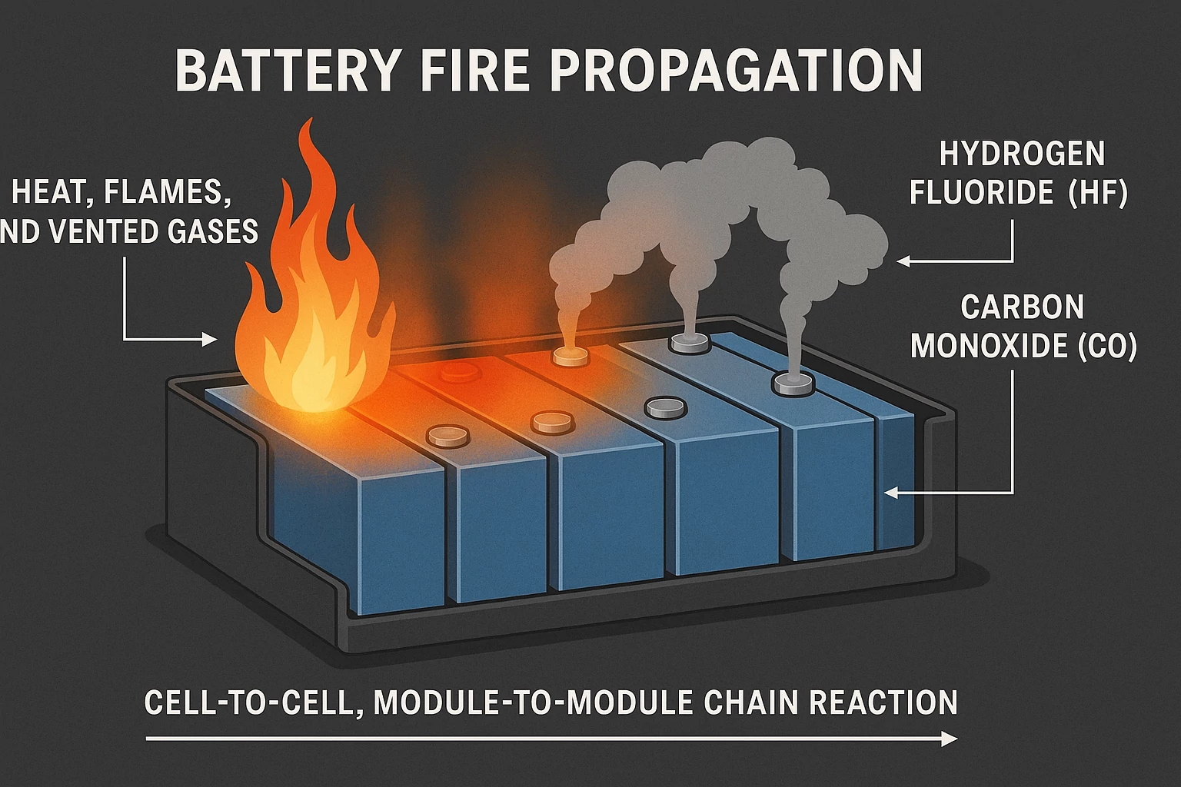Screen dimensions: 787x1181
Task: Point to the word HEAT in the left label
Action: (47, 191)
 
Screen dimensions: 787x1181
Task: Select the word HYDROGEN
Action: (1022, 154)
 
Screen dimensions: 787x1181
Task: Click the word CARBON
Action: (1022, 307)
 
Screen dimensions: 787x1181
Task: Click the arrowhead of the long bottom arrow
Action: (950, 739)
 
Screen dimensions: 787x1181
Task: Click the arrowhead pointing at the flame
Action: (210, 339)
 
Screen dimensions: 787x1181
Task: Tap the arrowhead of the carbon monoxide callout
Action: (891, 492)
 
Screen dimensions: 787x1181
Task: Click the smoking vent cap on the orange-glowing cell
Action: (570, 356)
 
